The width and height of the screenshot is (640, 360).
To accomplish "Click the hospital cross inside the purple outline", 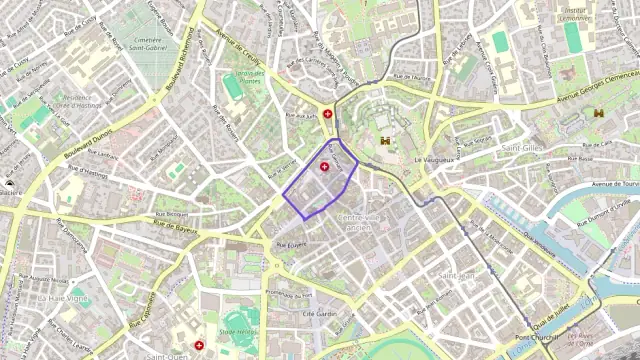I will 325,166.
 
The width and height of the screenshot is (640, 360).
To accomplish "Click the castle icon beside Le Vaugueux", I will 385,140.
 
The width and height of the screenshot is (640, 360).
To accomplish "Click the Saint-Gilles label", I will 522,148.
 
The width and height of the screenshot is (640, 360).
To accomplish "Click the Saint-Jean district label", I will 457,275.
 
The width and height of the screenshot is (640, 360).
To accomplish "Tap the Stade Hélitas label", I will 238,331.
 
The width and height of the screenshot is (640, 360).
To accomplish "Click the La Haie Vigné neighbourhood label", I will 63,298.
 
